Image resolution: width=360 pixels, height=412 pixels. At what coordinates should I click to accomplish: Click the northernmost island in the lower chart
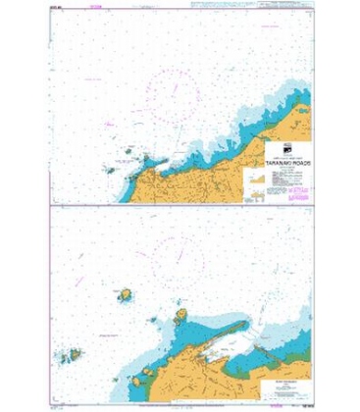pos(127,293)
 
